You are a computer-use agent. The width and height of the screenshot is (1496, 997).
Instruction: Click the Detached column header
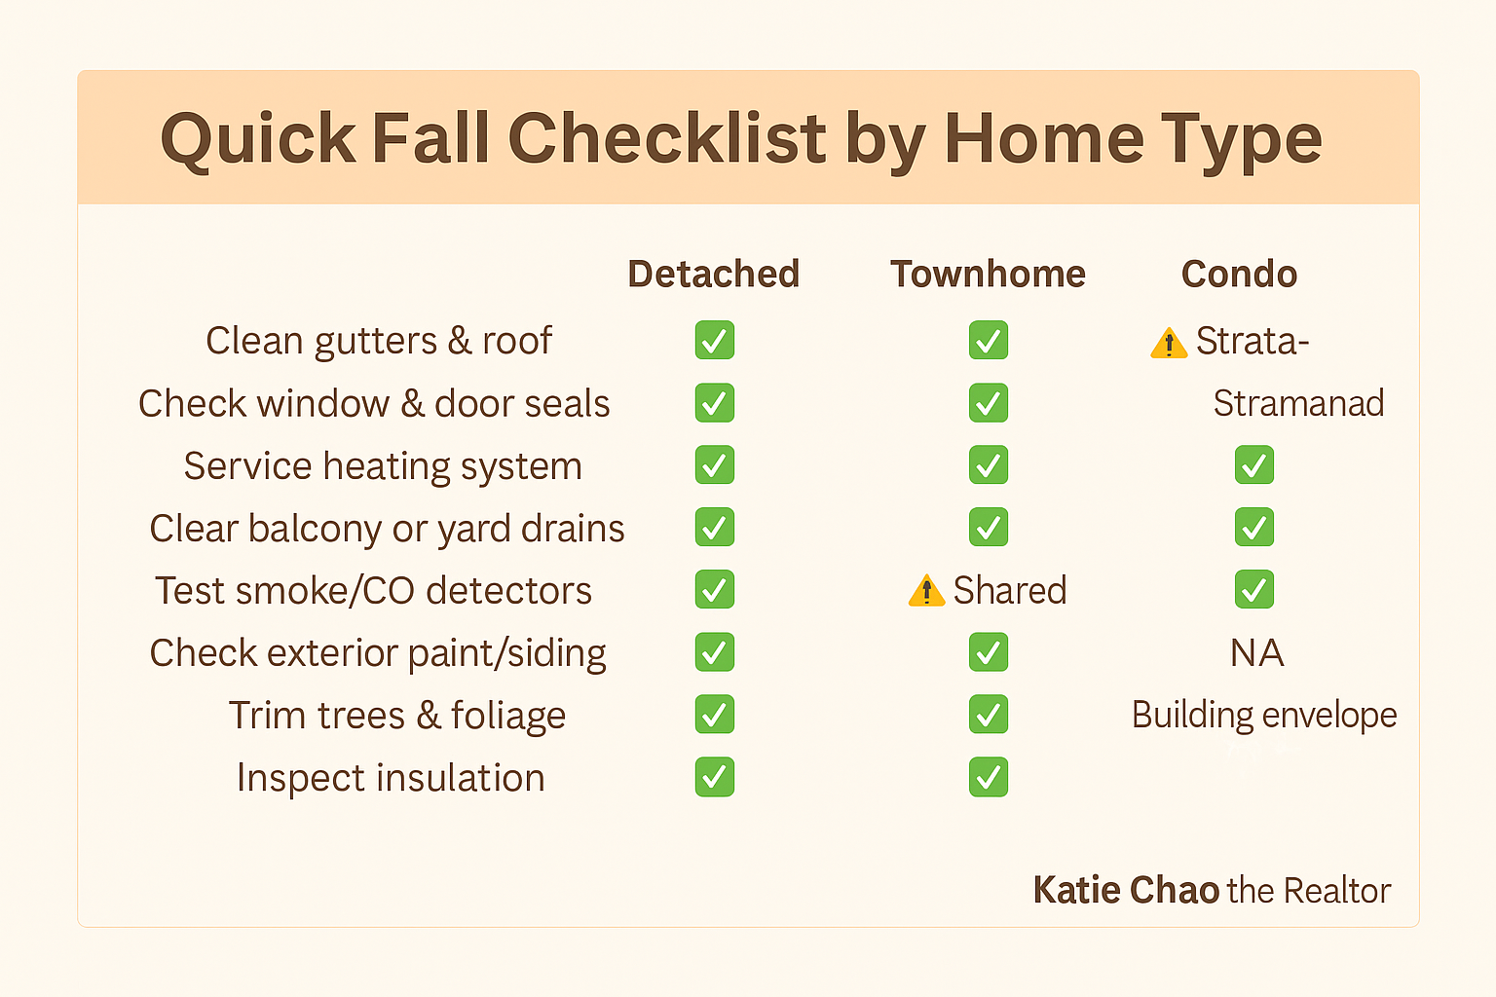tap(713, 275)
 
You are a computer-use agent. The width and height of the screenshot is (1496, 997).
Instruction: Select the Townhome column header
tap(988, 275)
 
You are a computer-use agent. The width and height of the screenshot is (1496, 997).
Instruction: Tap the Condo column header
tap(1239, 275)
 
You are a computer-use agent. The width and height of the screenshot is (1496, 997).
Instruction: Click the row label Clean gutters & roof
tap(378, 341)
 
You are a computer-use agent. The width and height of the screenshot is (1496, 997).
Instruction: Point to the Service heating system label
tap(383, 466)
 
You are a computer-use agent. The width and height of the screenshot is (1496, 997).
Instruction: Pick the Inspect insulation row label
tap(391, 778)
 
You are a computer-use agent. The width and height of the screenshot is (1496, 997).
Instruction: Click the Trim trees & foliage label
tap(397, 716)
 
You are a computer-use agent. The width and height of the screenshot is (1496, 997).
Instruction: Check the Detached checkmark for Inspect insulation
tap(715, 777)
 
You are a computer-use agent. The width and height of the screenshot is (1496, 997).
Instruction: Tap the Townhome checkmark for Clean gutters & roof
tap(989, 341)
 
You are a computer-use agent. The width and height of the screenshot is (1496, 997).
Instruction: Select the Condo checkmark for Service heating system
tap(1254, 465)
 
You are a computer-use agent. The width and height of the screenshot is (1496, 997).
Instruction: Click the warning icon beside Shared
tap(926, 591)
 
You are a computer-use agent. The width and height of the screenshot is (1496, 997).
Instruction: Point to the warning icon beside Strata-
tap(1169, 343)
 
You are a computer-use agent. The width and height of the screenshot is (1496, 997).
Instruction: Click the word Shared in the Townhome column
tap(1010, 591)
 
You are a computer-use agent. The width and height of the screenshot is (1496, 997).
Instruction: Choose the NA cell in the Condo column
tap(1256, 653)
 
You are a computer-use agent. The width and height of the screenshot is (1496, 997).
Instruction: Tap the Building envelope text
tap(1264, 716)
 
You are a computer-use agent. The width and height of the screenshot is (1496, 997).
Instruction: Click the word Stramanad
tap(1298, 403)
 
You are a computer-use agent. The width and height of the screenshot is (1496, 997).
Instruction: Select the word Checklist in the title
tap(667, 138)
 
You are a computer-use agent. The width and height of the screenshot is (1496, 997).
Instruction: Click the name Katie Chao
tap(1126, 890)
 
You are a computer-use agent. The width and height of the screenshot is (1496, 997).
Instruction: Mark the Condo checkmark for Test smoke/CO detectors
tap(1254, 590)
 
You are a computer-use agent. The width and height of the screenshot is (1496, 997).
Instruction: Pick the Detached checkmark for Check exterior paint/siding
tap(715, 652)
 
